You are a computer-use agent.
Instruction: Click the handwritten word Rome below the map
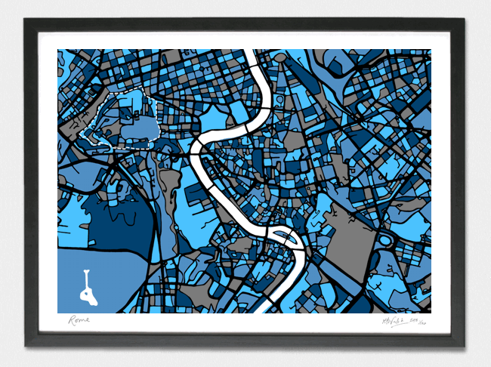point(79,320)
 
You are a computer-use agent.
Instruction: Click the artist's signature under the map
point(392,321)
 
